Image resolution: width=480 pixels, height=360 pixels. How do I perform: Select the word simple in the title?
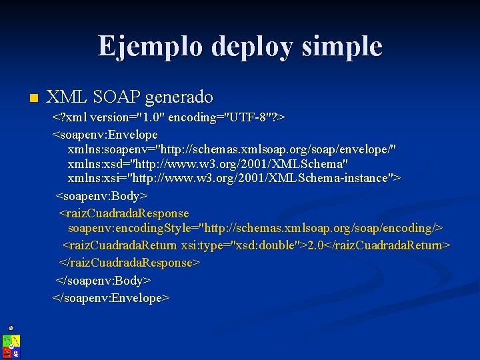pos(345,47)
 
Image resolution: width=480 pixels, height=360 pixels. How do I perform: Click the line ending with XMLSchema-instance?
pos(234,178)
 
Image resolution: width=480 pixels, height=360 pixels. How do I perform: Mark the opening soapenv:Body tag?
pos(101,196)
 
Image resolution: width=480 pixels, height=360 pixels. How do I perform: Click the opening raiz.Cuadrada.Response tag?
pos(124,213)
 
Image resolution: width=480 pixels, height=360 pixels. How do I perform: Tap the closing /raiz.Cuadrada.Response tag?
pos(130,263)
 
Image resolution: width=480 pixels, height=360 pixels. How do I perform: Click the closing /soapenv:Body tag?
pos(103,281)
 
